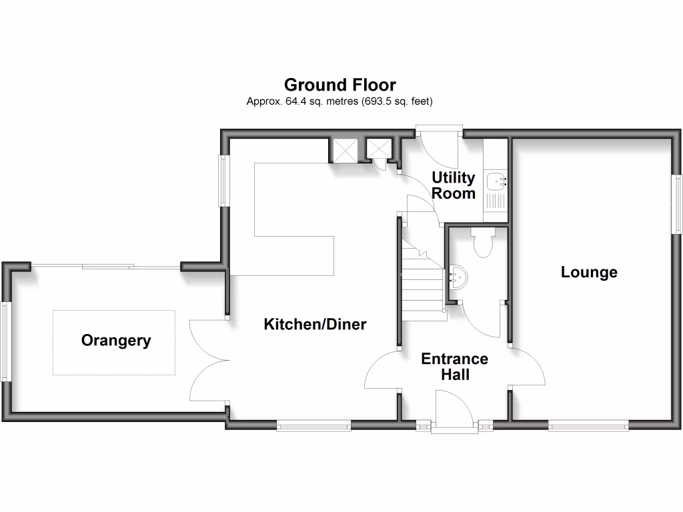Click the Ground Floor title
340,85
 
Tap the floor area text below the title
340,102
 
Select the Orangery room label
116,341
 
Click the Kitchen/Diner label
315,325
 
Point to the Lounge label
589,272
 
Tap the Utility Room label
454,185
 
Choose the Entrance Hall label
454,367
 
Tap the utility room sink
496,180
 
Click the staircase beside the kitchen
423,280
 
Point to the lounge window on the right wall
677,204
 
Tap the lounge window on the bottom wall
588,425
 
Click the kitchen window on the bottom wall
313,425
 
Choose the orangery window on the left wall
6,341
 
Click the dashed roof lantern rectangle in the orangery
113,342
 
